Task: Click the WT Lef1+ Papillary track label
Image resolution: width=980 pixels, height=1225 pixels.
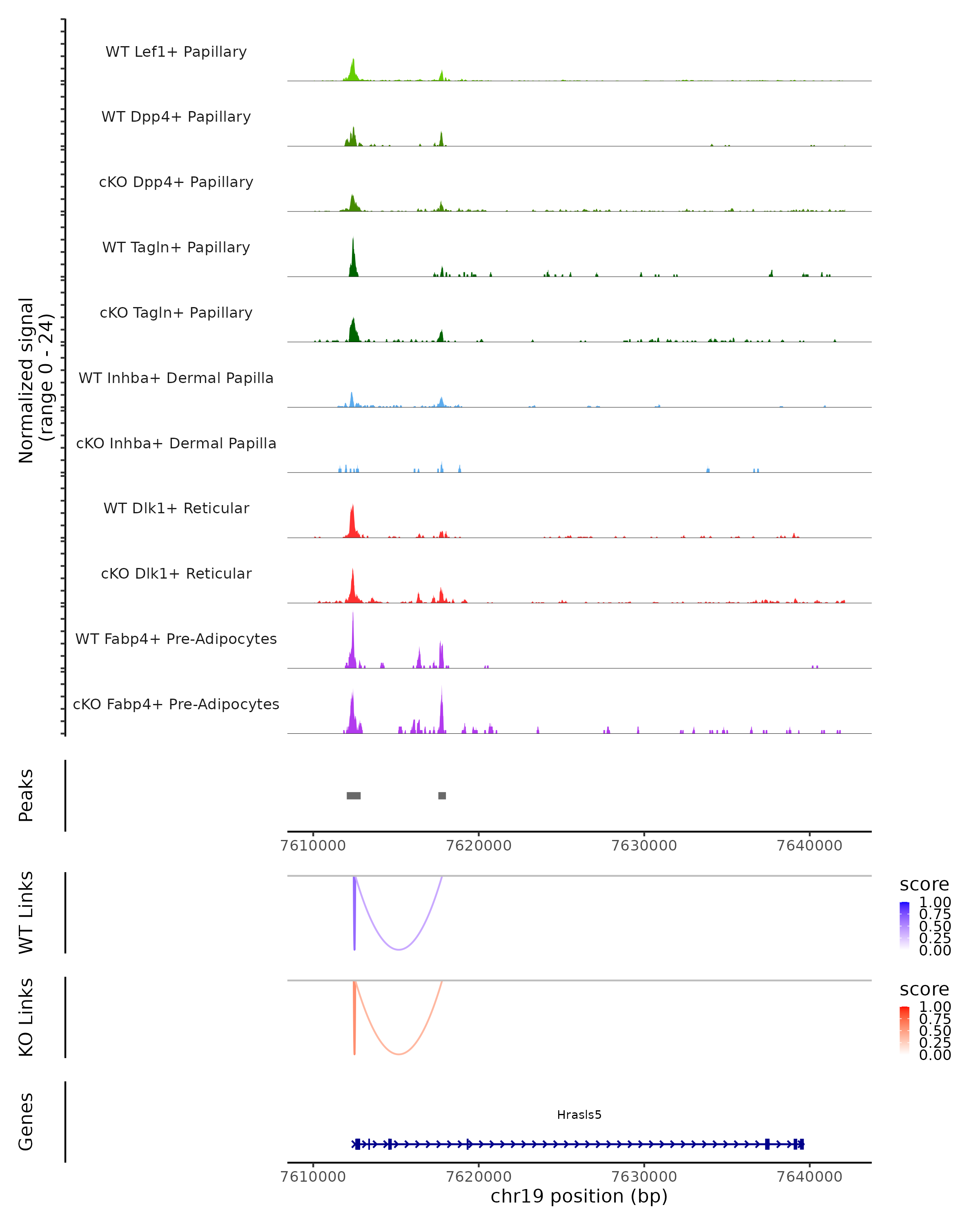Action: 176,52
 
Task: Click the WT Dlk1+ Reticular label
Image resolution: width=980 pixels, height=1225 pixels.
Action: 176,508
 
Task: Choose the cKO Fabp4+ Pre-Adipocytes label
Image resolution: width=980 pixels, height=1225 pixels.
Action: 176,704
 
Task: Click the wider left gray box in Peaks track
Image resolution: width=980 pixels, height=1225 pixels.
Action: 353,795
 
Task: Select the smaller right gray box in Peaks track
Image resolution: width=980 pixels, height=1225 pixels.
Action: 442,795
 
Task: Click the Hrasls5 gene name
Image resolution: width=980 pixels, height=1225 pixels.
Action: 579,1115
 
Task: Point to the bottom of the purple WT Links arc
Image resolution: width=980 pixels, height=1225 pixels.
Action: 399,949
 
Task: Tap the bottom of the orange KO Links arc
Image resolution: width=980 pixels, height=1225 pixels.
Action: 399,1054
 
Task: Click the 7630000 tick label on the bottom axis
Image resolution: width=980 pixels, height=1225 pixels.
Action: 644,1176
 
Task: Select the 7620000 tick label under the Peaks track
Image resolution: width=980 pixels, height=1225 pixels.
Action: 479,846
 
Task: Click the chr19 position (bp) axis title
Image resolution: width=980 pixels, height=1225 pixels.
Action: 579,1196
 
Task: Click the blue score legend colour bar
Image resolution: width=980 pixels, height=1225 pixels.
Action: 904,925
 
